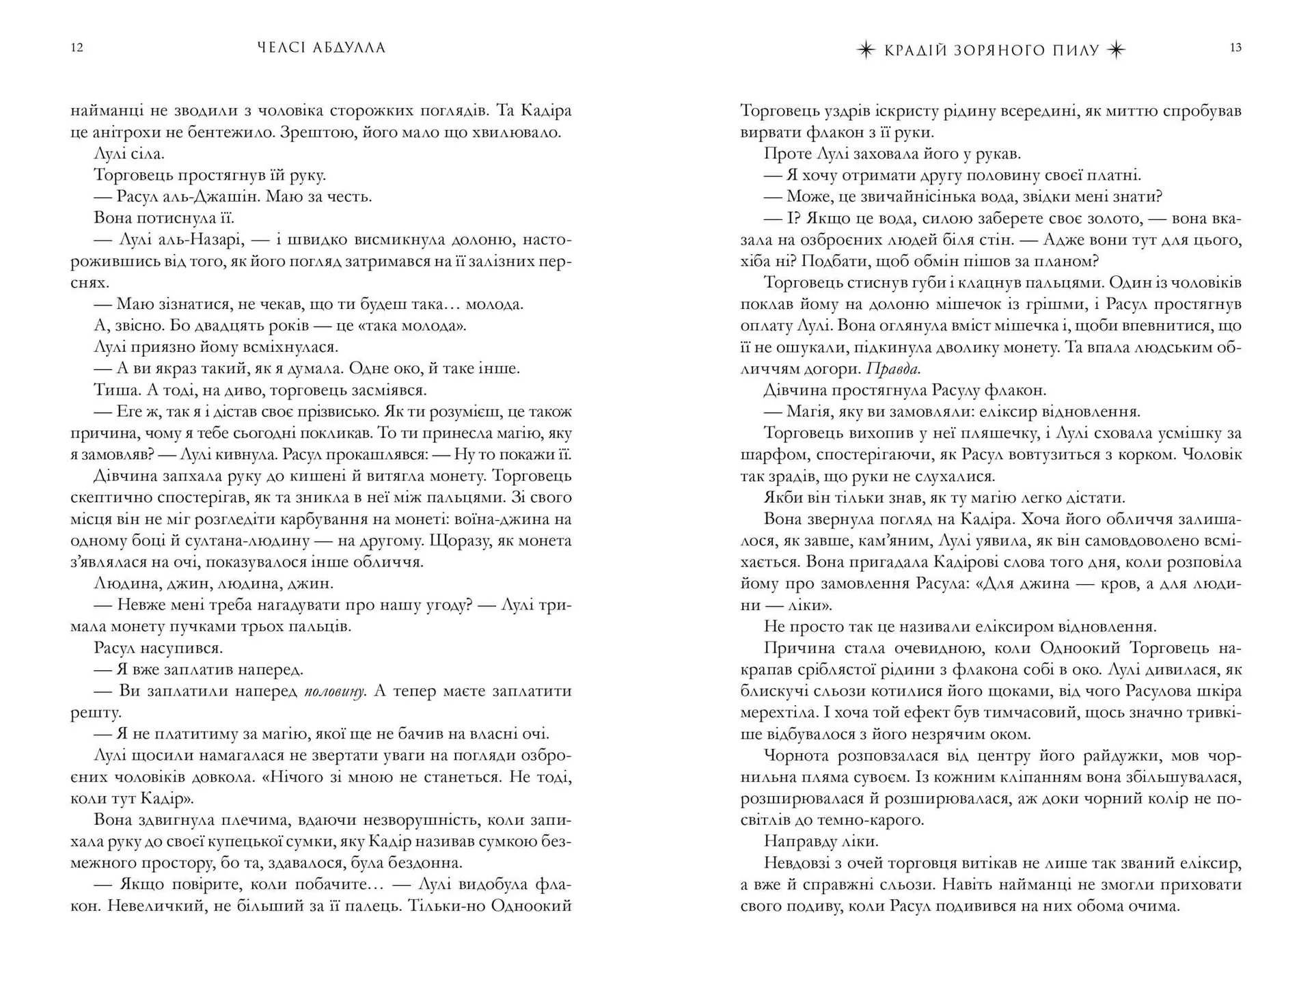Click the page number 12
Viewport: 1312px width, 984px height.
(x=77, y=48)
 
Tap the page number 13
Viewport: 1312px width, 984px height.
(x=1235, y=48)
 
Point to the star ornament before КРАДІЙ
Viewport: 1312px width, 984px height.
(x=866, y=50)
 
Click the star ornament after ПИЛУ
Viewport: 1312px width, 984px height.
(x=1116, y=50)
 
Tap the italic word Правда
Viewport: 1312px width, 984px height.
(x=892, y=369)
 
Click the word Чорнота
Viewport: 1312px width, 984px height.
(x=796, y=756)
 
